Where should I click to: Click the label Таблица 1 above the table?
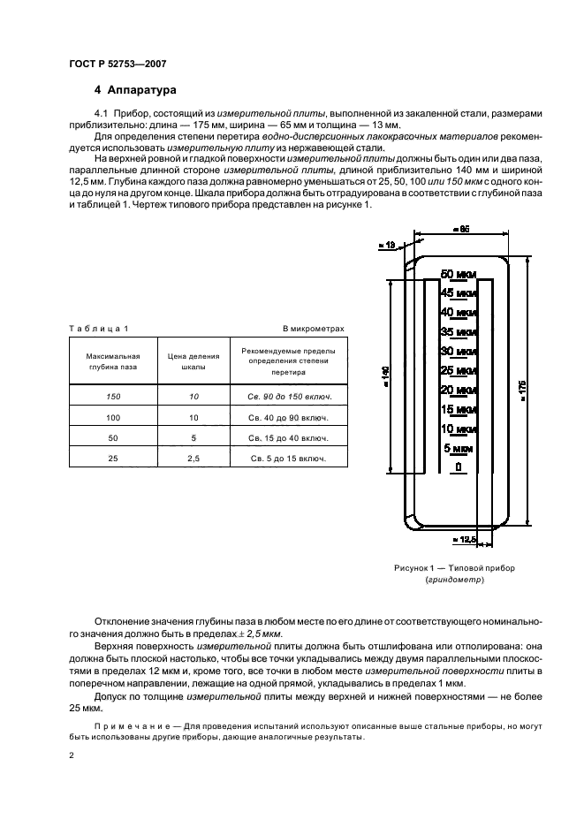(99, 329)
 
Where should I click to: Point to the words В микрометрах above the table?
(313, 329)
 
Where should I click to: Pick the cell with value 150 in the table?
(111, 397)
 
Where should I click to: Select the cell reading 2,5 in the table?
(193, 458)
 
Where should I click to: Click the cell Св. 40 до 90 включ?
(288, 417)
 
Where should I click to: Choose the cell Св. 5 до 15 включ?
(288, 458)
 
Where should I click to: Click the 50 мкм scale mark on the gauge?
(459, 273)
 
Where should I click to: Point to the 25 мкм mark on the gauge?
(459, 369)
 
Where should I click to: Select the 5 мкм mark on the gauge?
(459, 448)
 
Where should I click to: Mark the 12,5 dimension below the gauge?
(464, 538)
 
